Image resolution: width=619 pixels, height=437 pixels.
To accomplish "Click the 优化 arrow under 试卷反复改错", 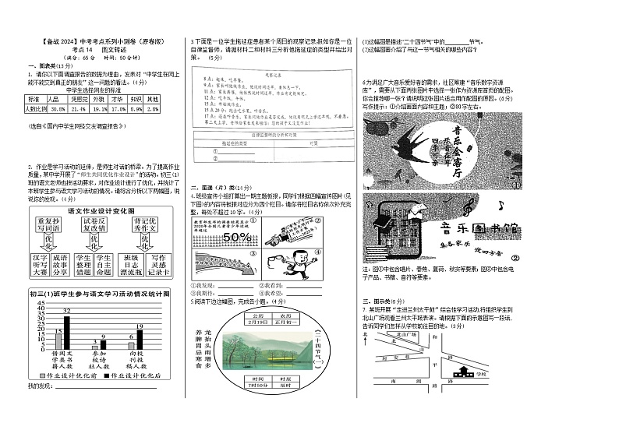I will click(x=93, y=242).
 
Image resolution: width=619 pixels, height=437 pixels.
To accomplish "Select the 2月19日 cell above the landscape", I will click(x=257, y=321).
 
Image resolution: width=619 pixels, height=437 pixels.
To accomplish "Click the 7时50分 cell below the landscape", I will click(x=257, y=385).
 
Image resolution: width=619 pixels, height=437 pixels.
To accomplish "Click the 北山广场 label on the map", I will click(x=405, y=334).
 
